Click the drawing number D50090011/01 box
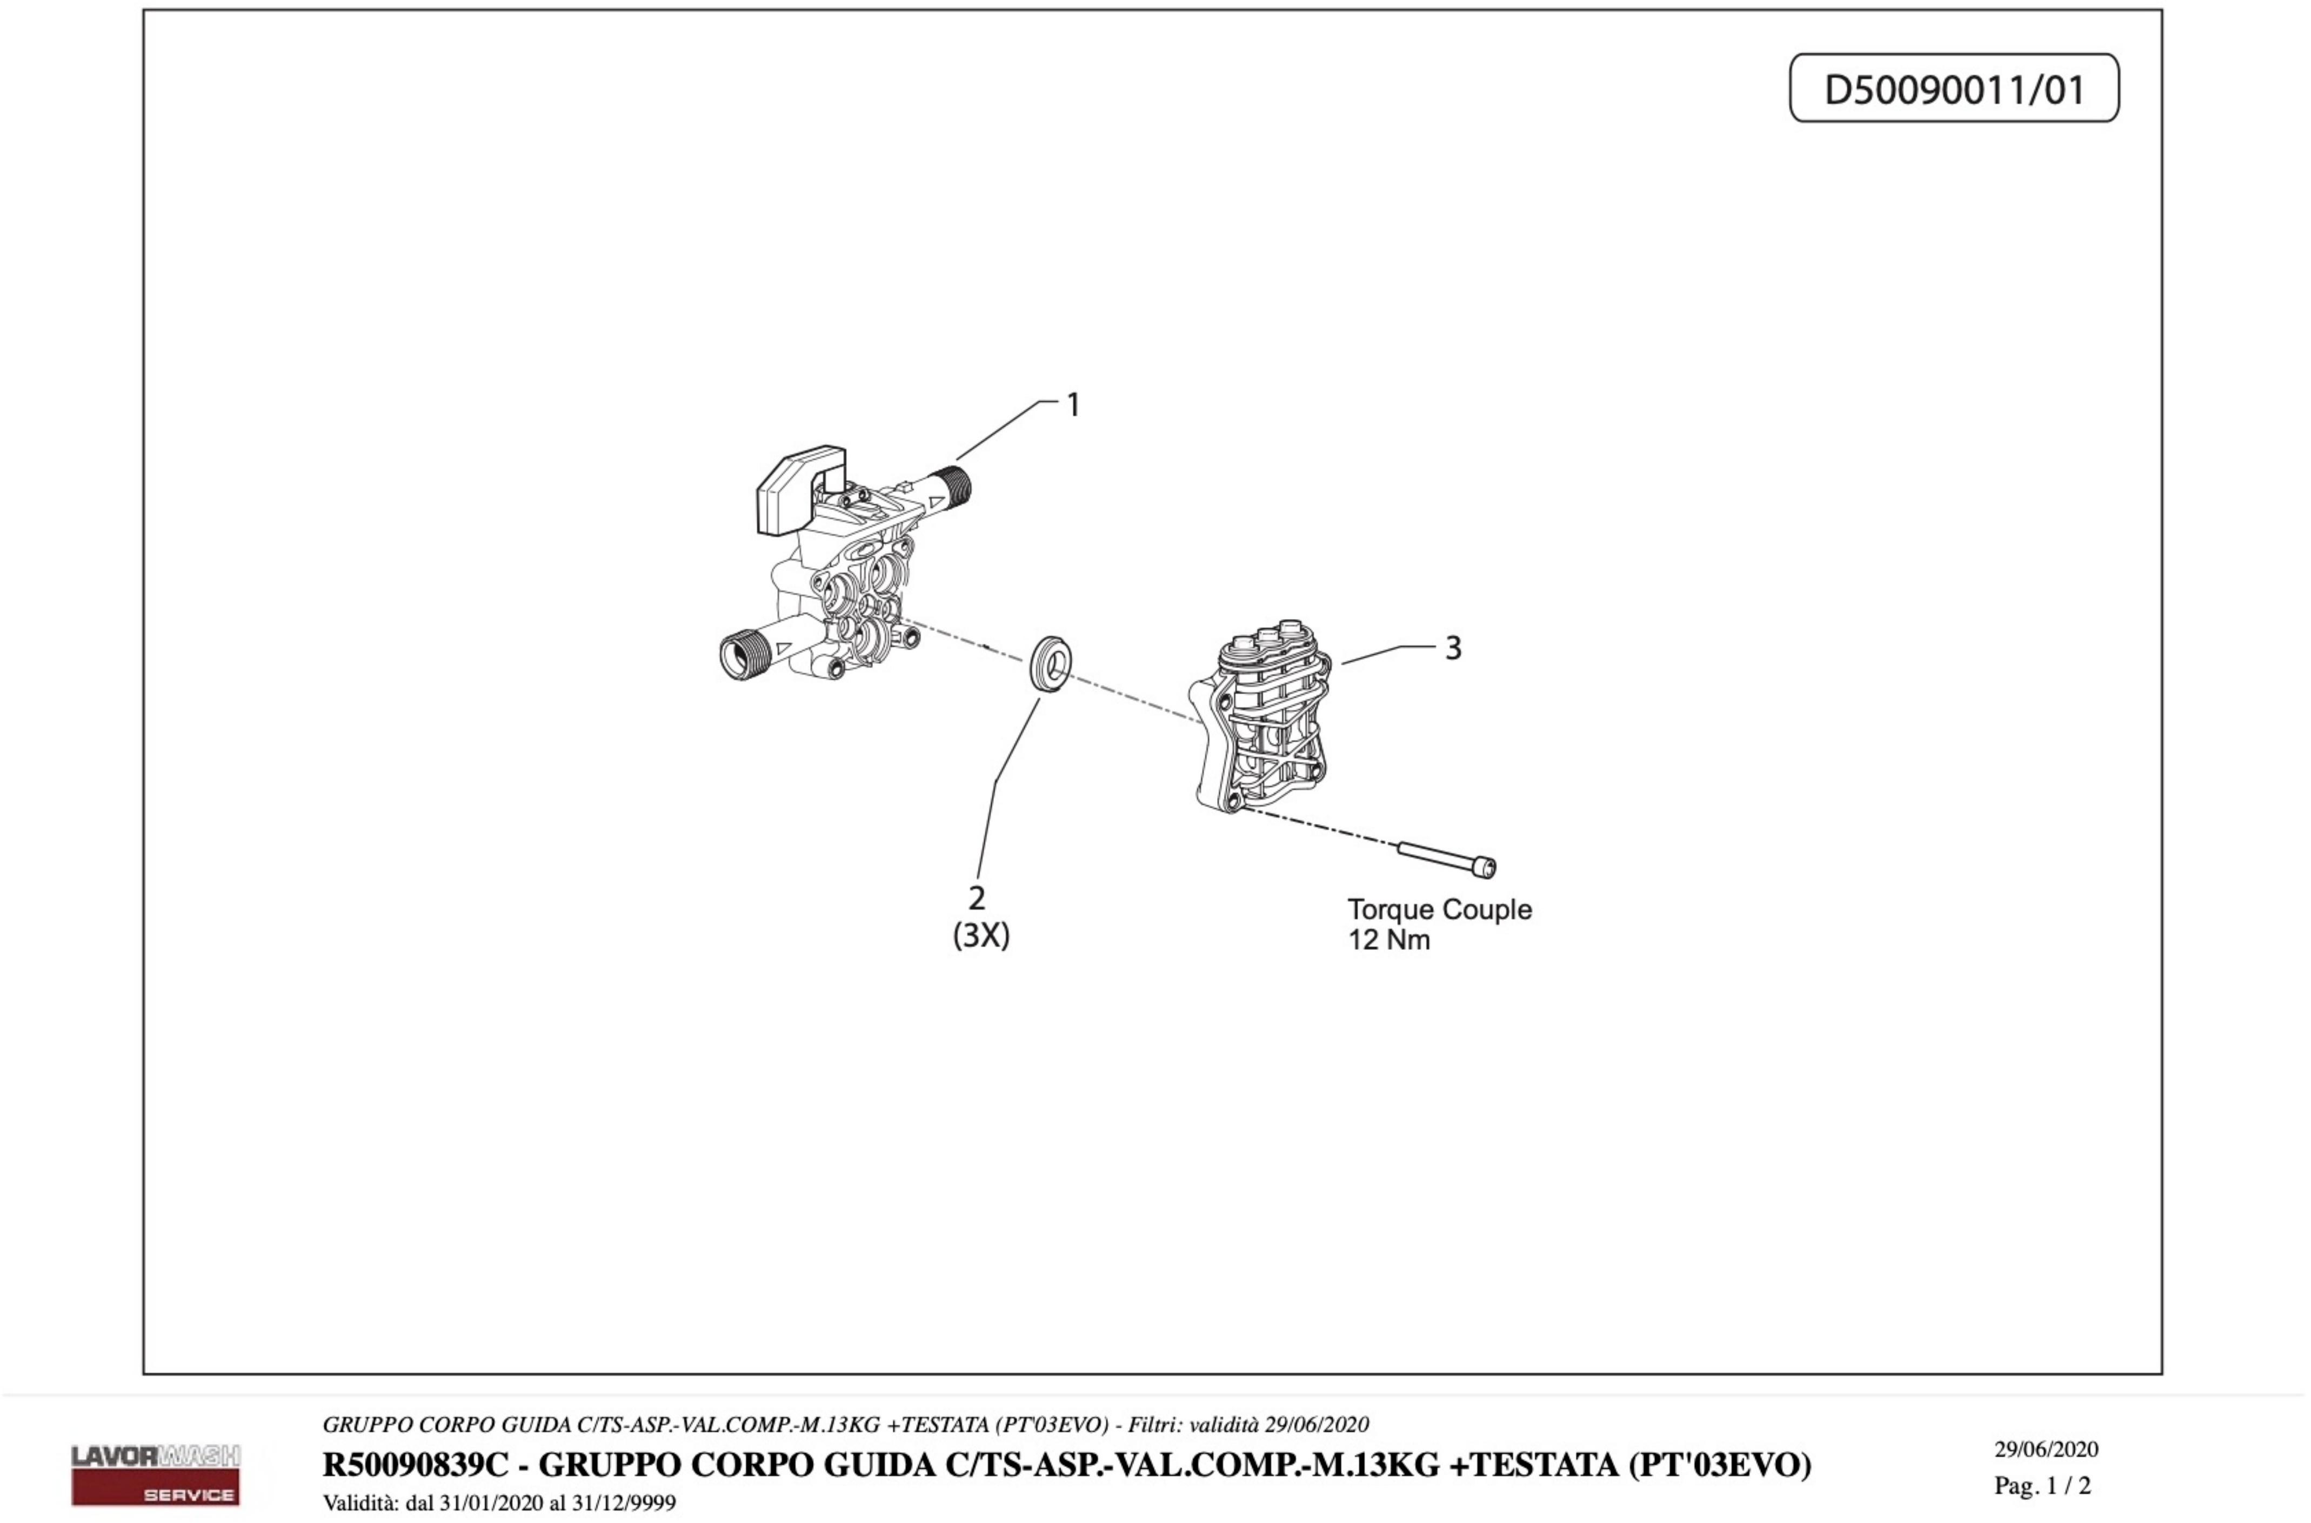[x=1954, y=88]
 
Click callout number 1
[x=1073, y=405]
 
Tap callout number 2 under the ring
[x=977, y=897]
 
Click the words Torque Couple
[x=1439, y=910]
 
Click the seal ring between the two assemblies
[x=1052, y=664]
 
